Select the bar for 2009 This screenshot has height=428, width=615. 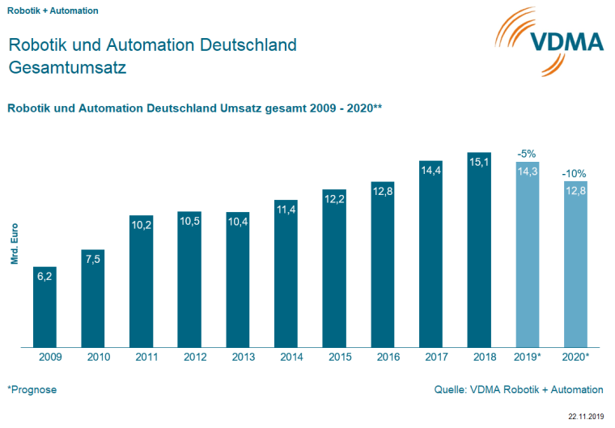tap(45, 307)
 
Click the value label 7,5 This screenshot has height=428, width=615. tap(92, 259)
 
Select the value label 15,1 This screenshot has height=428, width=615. tap(479, 162)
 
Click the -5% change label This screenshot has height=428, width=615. tap(527, 152)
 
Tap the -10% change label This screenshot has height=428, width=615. tap(575, 173)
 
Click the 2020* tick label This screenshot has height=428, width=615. tap(576, 357)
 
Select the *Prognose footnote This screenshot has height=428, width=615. tap(32, 390)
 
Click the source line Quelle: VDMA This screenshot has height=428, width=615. tap(519, 390)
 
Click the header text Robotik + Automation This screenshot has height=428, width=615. tap(53, 11)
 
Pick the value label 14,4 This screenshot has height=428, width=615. tap(430, 171)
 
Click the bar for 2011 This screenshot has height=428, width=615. tap(141, 283)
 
